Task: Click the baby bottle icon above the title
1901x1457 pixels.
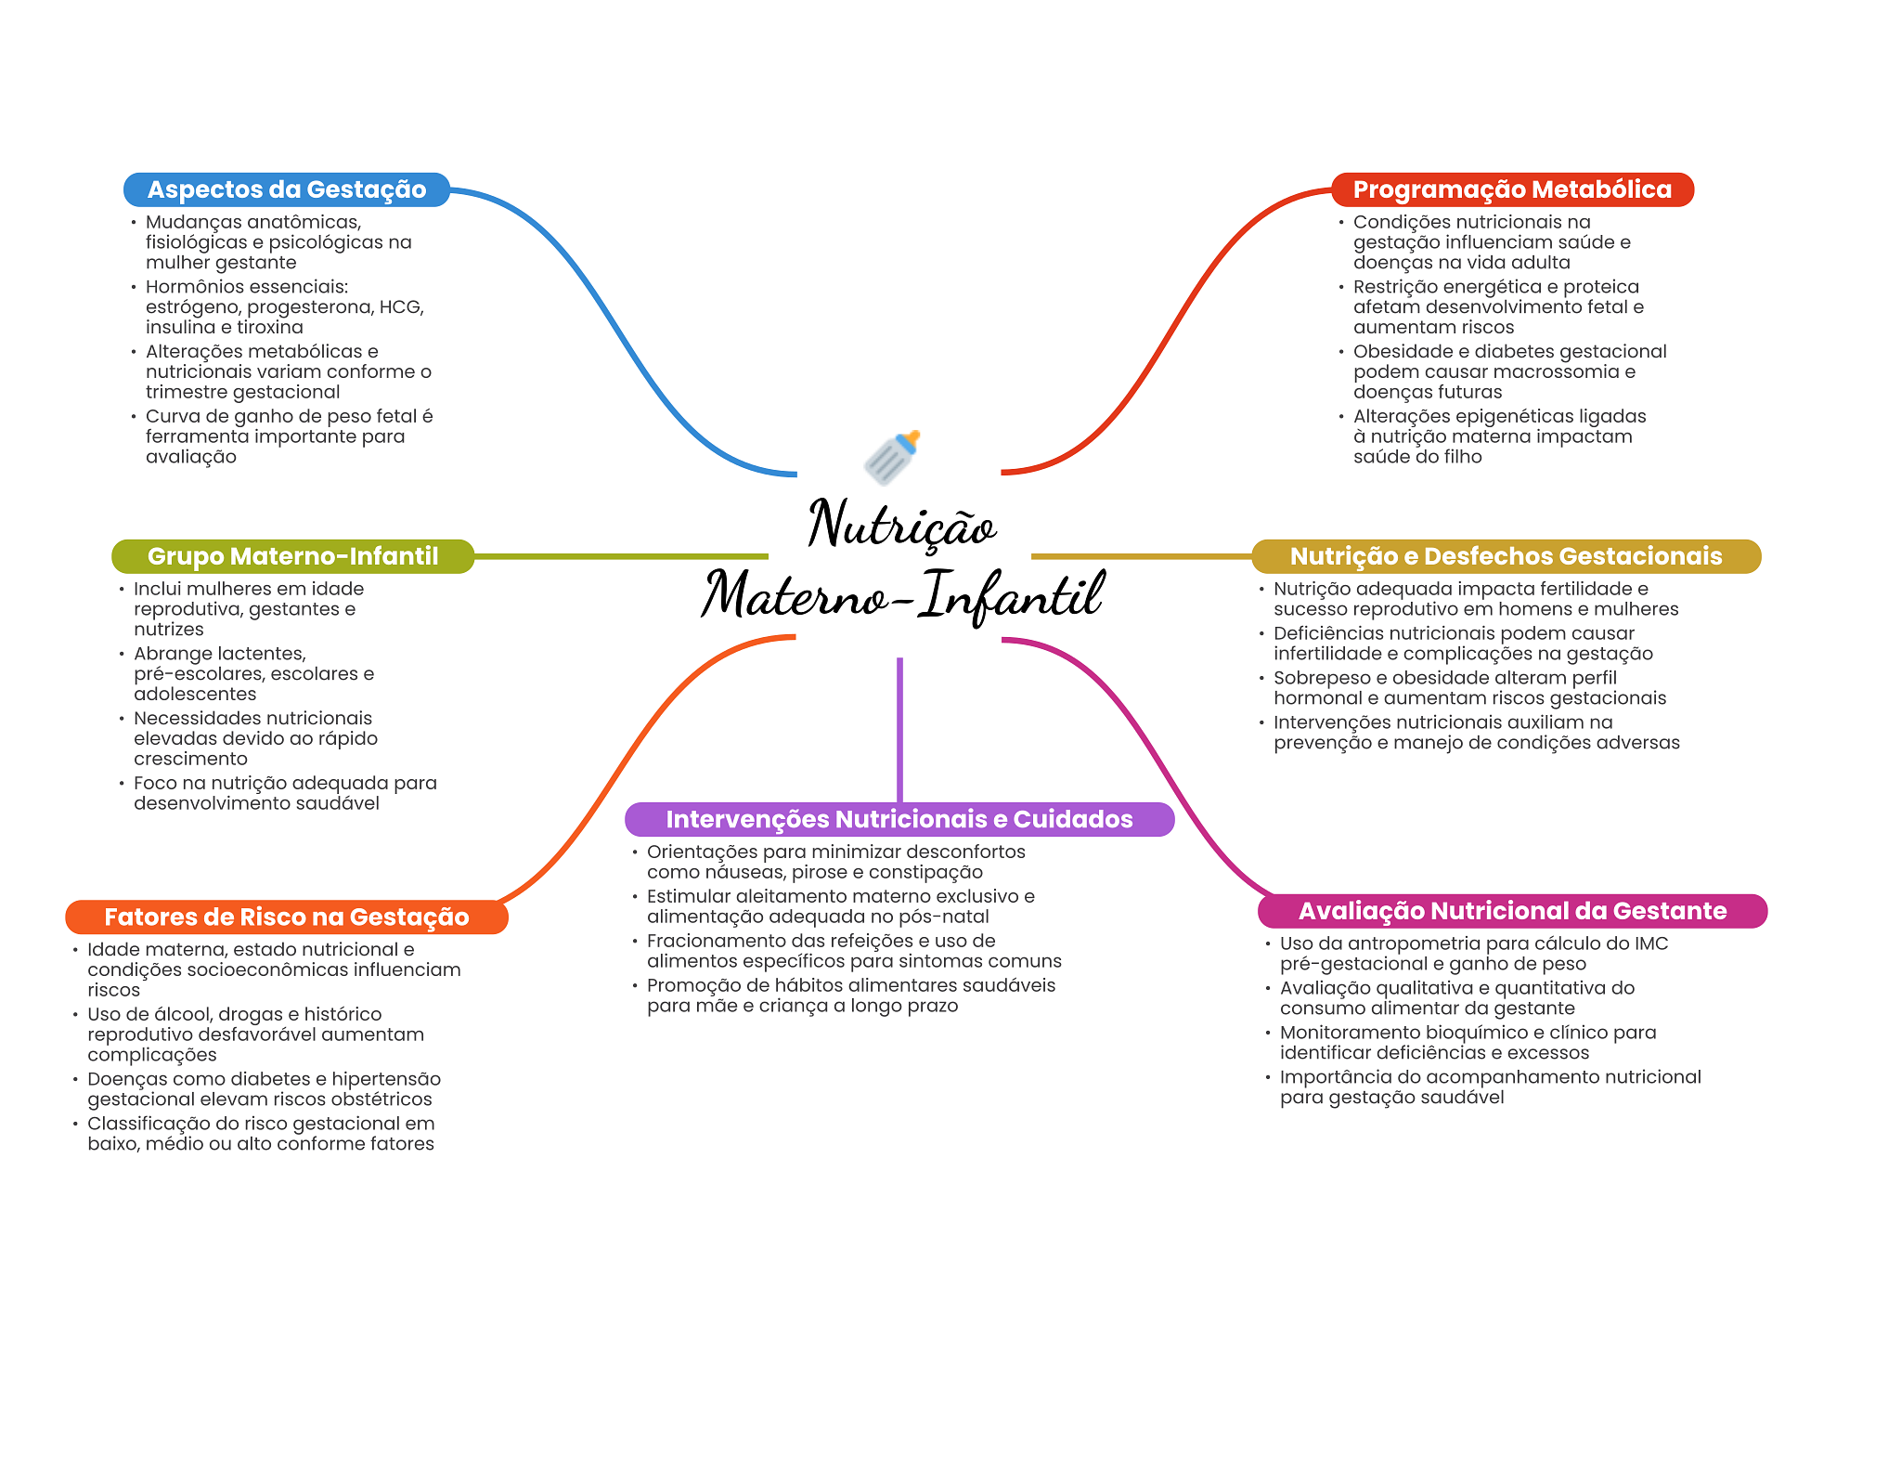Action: [x=892, y=457]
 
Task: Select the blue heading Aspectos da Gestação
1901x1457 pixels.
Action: [x=287, y=189]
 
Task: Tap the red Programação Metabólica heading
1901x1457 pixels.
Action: [x=1512, y=189]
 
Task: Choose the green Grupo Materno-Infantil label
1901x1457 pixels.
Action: [x=292, y=556]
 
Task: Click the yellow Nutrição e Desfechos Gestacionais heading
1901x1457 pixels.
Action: [x=1506, y=556]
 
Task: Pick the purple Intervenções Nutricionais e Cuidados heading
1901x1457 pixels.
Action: [x=899, y=819]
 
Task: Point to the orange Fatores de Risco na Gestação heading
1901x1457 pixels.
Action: [x=287, y=917]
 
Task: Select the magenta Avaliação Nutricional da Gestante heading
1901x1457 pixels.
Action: [x=1512, y=911]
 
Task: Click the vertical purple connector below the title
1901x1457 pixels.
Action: [x=899, y=730]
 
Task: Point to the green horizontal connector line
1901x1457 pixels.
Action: [x=621, y=556]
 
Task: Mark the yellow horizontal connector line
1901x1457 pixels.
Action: [x=1142, y=556]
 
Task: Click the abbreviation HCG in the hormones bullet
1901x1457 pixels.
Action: [x=400, y=307]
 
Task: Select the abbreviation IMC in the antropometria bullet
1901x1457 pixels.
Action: [x=1651, y=943]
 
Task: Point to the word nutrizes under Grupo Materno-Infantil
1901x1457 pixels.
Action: [x=168, y=630]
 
